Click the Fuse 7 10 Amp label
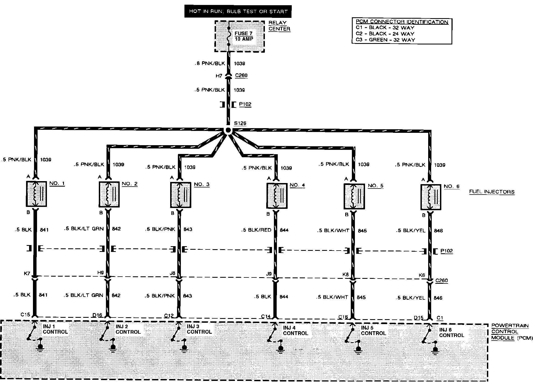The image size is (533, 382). coord(244,36)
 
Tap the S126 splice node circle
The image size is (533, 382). coord(228,131)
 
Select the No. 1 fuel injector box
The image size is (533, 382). coord(37,194)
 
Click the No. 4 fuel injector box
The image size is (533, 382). coord(277,196)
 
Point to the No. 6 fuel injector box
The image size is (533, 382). coord(431,197)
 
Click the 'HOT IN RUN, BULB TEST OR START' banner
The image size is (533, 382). coord(238,12)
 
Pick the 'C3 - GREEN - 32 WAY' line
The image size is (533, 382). coord(385,40)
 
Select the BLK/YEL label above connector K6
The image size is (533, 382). coord(411,231)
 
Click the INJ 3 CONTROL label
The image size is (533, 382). coord(199,329)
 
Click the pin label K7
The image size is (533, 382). coord(27,274)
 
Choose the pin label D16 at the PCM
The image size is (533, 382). coord(97,315)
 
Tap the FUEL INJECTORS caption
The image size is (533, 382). coord(492,192)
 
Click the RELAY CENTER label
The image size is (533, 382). coord(279,26)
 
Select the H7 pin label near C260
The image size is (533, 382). coord(219,76)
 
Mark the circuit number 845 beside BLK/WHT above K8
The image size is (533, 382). coord(362,231)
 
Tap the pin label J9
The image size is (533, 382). coord(269,274)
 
